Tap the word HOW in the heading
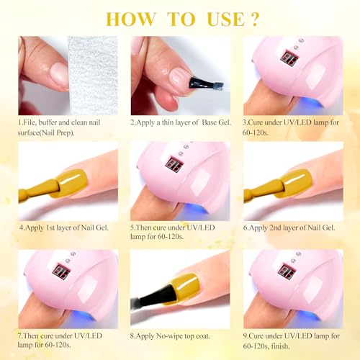tap(131, 19)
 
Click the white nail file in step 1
tap(93, 76)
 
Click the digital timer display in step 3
tap(289, 58)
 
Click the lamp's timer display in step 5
tap(174, 164)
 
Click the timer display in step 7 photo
tap(62, 271)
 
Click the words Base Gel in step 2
tap(217, 122)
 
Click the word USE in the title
tap(226, 19)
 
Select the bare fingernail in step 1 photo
tap(58, 74)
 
